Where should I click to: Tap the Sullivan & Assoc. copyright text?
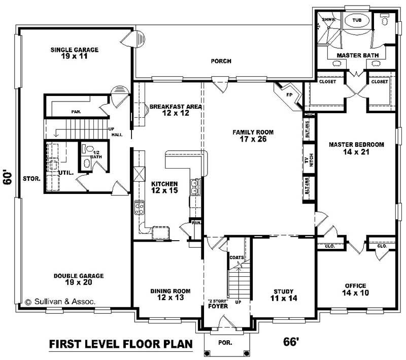[x=59, y=301]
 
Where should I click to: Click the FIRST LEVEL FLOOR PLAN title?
[x=121, y=344]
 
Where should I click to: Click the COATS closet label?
[x=236, y=257]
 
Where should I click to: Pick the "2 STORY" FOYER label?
[x=217, y=304]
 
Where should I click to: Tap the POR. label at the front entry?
[x=225, y=342]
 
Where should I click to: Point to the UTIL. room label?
[x=67, y=173]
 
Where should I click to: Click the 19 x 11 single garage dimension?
[x=74, y=56]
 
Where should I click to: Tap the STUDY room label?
[x=284, y=291]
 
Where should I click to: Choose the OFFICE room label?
[x=355, y=286]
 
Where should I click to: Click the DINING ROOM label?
[x=170, y=291]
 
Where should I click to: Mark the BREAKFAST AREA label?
[x=176, y=107]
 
